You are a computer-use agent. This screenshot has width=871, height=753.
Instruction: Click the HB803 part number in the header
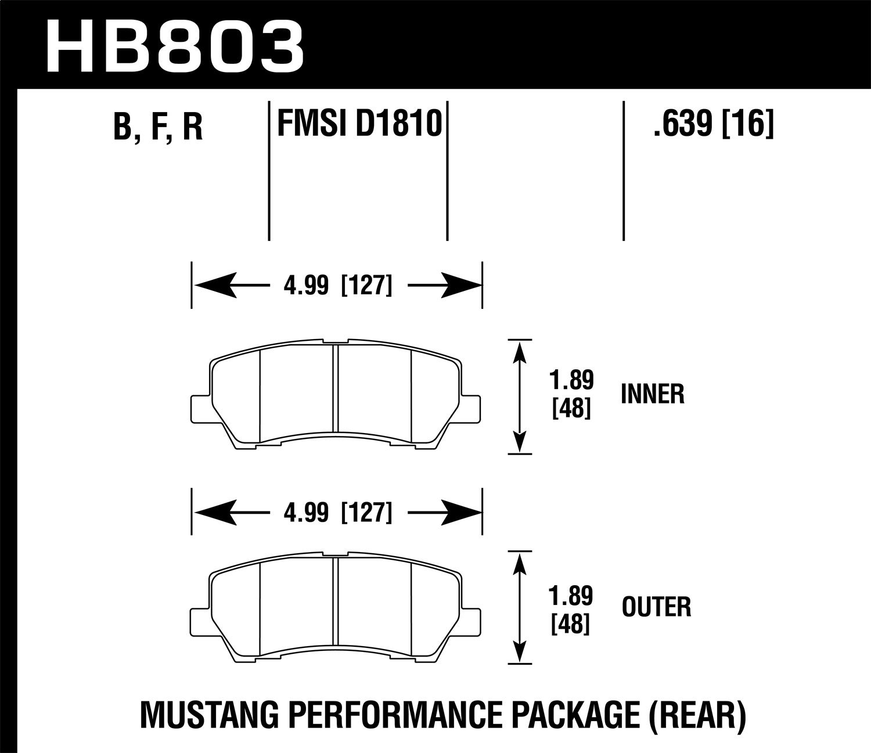(x=174, y=45)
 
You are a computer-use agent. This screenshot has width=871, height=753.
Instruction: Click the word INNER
(x=653, y=395)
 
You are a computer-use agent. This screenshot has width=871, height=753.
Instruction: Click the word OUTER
(x=656, y=608)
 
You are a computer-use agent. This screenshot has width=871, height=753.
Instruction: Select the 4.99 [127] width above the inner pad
(x=336, y=286)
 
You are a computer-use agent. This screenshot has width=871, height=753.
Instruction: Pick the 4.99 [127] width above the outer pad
(x=336, y=513)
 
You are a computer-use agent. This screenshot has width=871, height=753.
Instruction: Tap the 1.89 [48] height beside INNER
(x=572, y=395)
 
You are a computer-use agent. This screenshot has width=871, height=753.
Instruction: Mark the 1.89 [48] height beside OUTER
(x=572, y=608)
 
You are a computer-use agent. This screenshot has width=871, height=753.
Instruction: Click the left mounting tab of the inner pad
(x=199, y=408)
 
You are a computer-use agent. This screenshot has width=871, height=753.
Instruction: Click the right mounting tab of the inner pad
(x=472, y=408)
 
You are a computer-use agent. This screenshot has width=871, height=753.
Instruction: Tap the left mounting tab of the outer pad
(x=199, y=620)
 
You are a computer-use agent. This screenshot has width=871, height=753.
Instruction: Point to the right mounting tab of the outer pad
(x=472, y=620)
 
